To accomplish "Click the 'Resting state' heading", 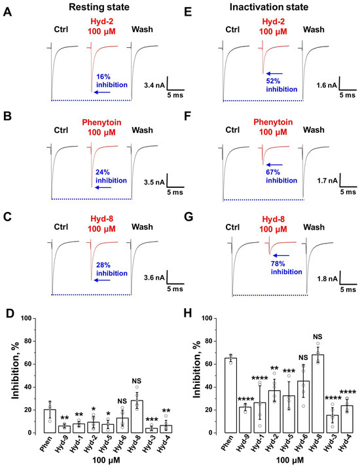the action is (99, 7).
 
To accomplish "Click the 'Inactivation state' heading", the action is (268, 7).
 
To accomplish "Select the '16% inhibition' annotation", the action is (112, 81).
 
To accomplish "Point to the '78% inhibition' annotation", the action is (286, 268).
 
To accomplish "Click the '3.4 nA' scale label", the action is (154, 86).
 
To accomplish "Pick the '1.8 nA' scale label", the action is (327, 279).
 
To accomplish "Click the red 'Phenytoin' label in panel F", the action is (273, 122).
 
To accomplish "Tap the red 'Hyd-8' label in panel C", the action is (102, 219).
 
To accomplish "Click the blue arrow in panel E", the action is (274, 73).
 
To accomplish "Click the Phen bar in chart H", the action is (230, 395).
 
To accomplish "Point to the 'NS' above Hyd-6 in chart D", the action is (122, 401).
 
